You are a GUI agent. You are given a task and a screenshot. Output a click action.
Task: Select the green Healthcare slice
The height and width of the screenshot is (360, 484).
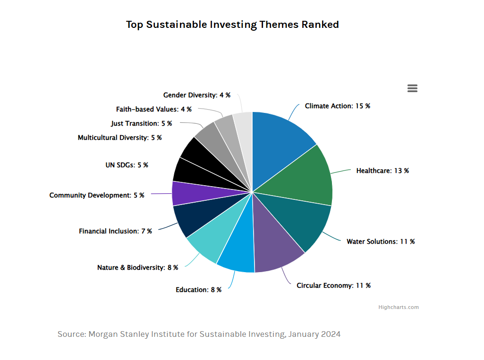pos(307,177)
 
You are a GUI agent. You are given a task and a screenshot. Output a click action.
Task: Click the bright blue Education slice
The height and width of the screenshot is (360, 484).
pos(238,250)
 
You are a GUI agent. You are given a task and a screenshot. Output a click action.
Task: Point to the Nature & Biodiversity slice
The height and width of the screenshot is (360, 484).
pos(208,239)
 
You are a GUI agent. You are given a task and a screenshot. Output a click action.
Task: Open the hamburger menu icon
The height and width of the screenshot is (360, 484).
pos(412,88)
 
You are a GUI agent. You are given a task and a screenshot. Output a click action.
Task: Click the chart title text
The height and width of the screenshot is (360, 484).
pos(232,25)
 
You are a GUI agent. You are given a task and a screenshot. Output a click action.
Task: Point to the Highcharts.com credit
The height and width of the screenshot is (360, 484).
pos(398,307)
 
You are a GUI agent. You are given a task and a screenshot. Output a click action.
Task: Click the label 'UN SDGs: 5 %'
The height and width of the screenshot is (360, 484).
pos(127,165)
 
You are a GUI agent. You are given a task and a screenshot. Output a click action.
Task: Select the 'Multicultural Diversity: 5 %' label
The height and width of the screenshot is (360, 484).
pos(119,137)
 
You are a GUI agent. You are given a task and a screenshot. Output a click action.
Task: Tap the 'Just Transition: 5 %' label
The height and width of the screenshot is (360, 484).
pos(141,123)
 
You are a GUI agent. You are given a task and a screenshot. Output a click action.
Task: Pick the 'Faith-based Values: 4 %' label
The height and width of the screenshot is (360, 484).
pos(153,109)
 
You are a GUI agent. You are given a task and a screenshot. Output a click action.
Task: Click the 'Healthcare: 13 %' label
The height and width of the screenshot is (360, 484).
pos(382,171)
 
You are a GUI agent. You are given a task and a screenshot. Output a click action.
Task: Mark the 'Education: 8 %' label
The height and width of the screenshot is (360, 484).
pos(198,290)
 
